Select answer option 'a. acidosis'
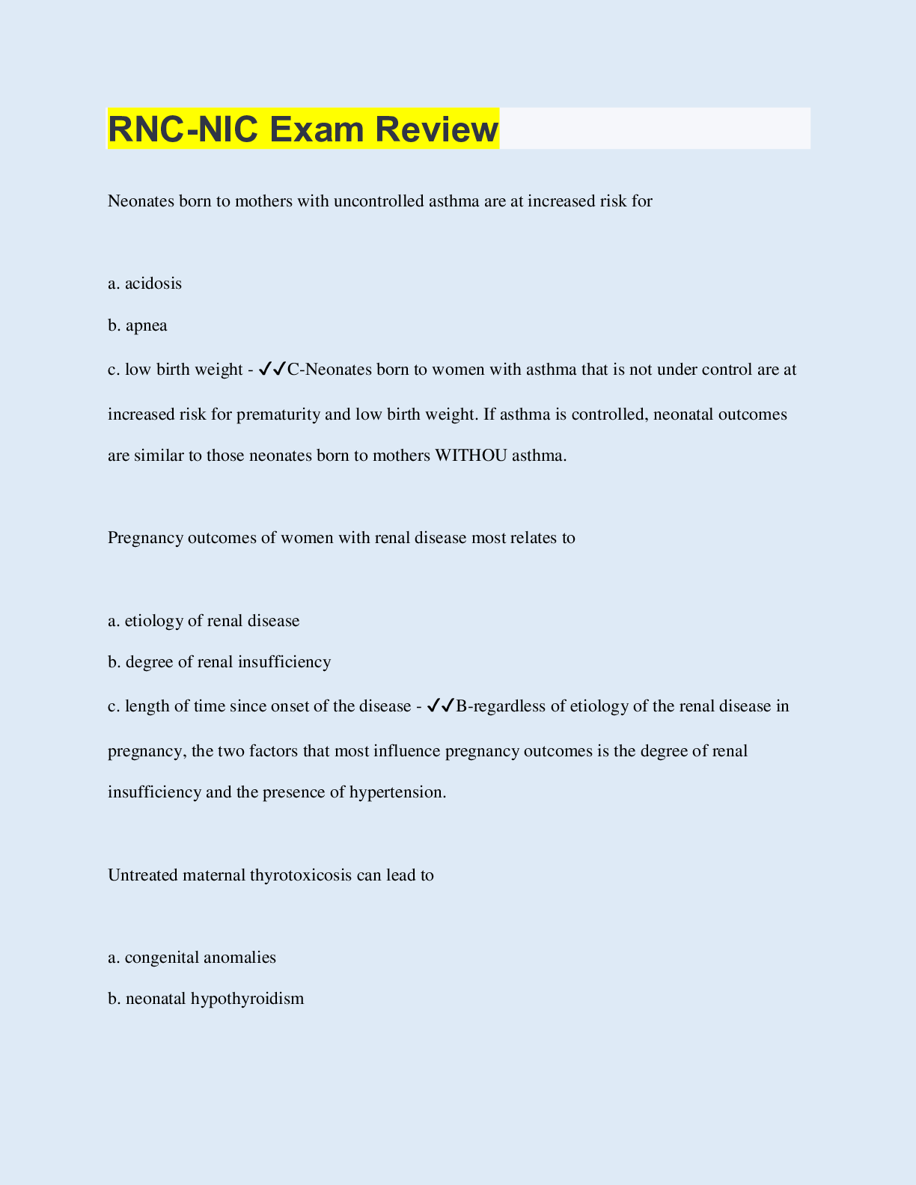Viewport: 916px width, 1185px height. [x=145, y=284]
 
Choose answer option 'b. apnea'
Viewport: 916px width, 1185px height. [x=138, y=325]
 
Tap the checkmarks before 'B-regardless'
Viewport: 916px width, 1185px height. [x=441, y=705]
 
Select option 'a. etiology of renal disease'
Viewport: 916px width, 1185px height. [x=204, y=620]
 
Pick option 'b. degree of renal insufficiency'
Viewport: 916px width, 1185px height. [x=219, y=662]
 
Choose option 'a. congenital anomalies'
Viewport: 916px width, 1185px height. [x=192, y=957]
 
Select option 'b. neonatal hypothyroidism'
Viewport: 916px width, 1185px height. [x=206, y=999]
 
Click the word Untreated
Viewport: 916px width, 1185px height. [x=142, y=875]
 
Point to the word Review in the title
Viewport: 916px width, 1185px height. [x=436, y=129]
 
